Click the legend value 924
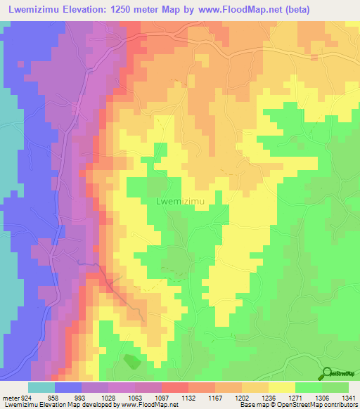27,397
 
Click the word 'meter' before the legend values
10,397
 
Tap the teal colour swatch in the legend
41,387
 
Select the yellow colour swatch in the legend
282,387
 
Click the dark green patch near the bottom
131,362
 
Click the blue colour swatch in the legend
68,387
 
